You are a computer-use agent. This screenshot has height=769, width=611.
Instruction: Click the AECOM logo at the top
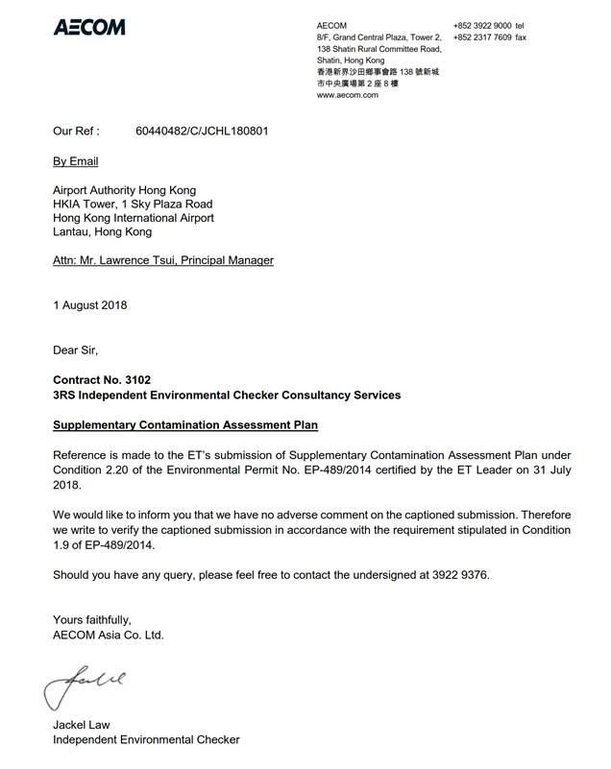(x=89, y=27)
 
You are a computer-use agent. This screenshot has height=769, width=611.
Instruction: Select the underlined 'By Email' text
(x=75, y=161)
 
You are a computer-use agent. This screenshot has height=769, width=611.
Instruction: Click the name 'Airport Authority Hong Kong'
(x=124, y=191)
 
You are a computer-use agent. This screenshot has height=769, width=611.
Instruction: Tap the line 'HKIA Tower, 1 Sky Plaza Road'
(x=133, y=204)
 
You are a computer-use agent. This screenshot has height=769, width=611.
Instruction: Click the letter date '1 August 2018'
(x=89, y=306)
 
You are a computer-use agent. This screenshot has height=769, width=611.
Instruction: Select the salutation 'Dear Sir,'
(x=75, y=350)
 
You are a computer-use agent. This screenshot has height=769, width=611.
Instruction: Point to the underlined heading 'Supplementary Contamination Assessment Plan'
(x=184, y=424)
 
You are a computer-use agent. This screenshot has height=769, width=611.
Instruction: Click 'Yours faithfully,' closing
(x=91, y=620)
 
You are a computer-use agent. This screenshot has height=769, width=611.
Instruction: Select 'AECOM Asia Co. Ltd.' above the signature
(x=108, y=635)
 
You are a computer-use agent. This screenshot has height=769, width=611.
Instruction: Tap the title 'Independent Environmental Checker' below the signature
(x=145, y=740)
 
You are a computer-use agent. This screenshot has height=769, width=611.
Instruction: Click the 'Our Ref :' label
(x=76, y=131)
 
